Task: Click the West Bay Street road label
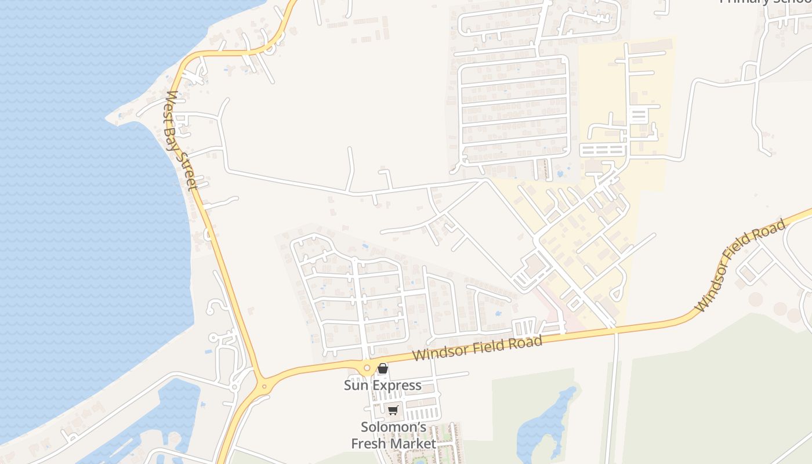[x=182, y=140]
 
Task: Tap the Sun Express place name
[x=382, y=385]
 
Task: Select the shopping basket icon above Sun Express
[x=382, y=368]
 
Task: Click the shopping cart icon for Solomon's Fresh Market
[x=393, y=411]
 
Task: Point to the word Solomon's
[x=394, y=427]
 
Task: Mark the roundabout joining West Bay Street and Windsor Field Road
[x=264, y=386]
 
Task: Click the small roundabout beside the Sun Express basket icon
[x=367, y=367]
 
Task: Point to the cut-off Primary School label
[x=765, y=2]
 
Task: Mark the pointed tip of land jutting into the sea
[x=108, y=118]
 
